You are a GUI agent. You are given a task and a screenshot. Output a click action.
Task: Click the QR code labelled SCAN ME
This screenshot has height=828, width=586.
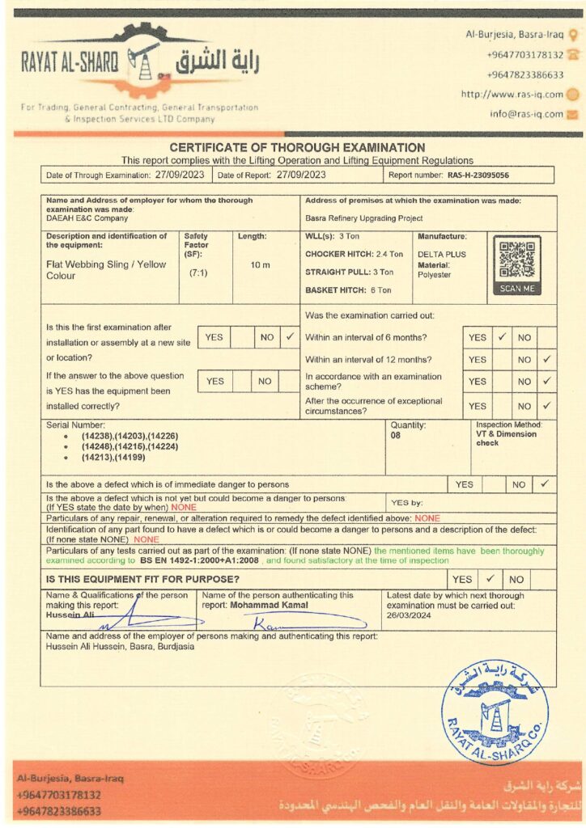(517, 260)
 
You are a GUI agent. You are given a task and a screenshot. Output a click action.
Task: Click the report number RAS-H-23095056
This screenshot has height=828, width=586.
(478, 175)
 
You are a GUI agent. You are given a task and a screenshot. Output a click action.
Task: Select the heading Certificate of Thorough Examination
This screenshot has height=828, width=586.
(297, 148)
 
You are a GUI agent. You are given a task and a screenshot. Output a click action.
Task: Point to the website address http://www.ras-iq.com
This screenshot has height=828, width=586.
(512, 94)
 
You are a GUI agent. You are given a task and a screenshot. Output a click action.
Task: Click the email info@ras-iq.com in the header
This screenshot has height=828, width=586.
(526, 114)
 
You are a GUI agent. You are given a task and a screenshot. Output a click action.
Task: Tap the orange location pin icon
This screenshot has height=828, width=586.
(573, 35)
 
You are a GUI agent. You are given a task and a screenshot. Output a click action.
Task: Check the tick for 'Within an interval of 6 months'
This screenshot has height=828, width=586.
(502, 336)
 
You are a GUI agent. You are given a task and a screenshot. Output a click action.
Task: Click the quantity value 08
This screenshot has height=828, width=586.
(397, 434)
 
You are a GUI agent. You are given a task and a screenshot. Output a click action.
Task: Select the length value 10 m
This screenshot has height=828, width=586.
(261, 265)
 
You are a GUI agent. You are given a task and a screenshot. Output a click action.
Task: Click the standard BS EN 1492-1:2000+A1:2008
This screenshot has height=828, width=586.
(200, 560)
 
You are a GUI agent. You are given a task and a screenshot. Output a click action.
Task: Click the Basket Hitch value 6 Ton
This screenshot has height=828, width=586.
(379, 289)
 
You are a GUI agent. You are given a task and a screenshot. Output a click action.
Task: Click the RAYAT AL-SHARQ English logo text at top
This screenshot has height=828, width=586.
(70, 61)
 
